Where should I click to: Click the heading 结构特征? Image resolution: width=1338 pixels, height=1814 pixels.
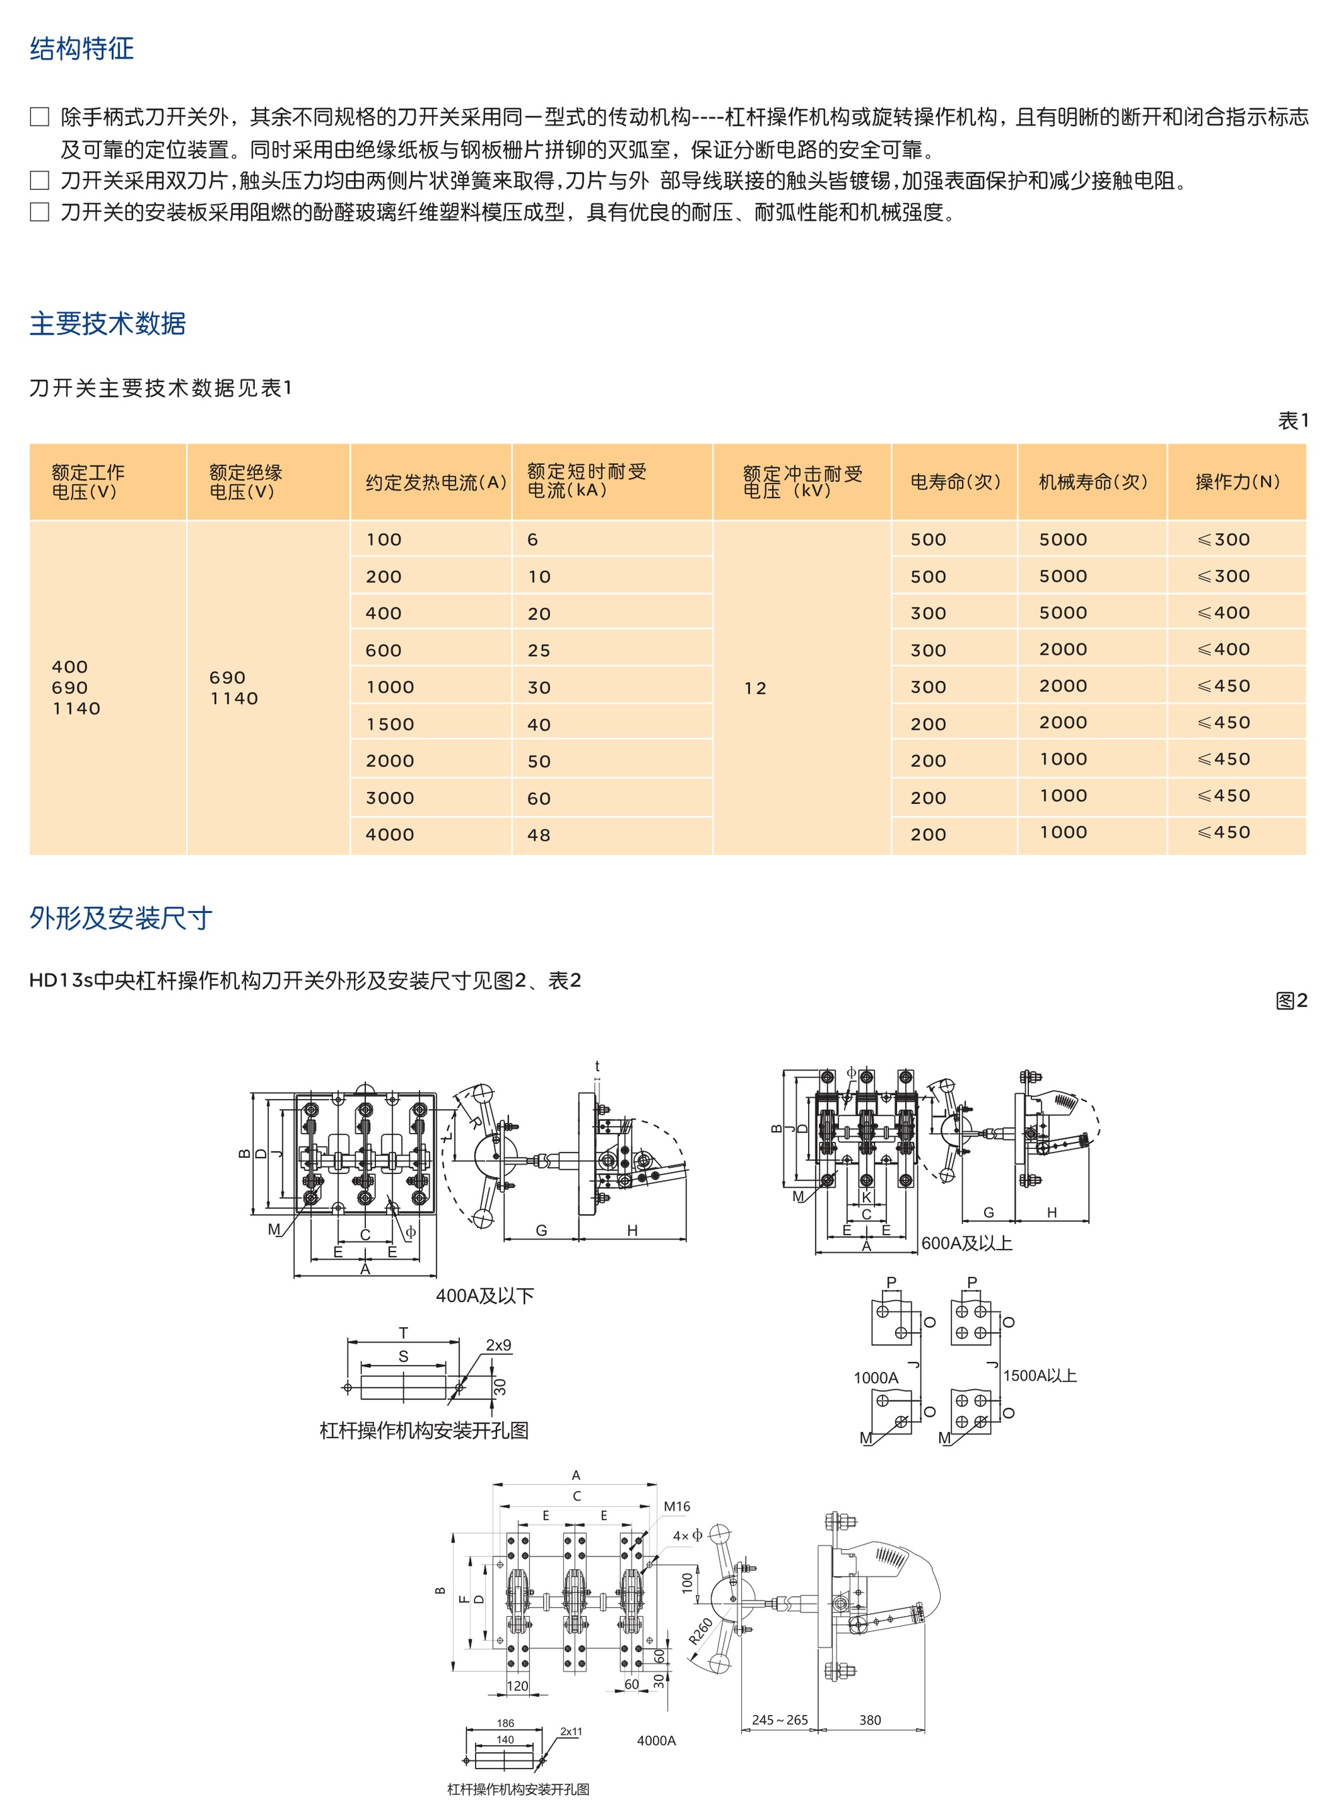click(x=82, y=49)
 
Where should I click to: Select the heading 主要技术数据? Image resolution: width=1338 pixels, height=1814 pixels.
click(x=108, y=323)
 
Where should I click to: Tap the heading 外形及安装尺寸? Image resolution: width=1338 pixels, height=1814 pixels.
click(x=120, y=918)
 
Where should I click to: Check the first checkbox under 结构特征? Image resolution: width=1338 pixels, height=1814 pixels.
click(x=39, y=116)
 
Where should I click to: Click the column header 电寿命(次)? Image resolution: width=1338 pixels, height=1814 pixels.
click(x=955, y=482)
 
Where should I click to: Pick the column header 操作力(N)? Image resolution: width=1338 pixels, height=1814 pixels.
click(x=1237, y=482)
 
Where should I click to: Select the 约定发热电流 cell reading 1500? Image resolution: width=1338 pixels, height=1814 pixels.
click(x=389, y=724)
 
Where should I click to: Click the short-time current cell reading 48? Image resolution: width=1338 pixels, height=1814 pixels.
click(x=539, y=835)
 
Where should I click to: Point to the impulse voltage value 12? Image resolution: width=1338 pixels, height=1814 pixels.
click(x=755, y=688)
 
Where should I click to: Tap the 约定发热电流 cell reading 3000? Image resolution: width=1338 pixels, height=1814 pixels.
click(x=389, y=798)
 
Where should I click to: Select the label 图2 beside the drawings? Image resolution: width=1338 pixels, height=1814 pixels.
click(x=1292, y=1000)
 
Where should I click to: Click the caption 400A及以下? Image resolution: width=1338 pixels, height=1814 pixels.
click(x=484, y=1296)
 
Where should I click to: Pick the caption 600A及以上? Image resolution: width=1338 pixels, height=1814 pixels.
click(x=966, y=1243)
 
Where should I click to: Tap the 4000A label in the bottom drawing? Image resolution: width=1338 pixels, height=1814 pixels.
click(x=656, y=1740)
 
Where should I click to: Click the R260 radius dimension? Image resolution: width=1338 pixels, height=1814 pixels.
click(x=700, y=1630)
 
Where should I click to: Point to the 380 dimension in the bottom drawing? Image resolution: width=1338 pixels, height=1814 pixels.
click(x=870, y=1720)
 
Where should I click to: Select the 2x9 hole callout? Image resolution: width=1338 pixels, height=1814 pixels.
click(x=498, y=1345)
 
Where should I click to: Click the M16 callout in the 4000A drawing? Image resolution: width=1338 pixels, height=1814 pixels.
click(x=676, y=1506)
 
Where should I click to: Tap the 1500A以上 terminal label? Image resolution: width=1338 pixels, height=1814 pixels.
click(x=1039, y=1375)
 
